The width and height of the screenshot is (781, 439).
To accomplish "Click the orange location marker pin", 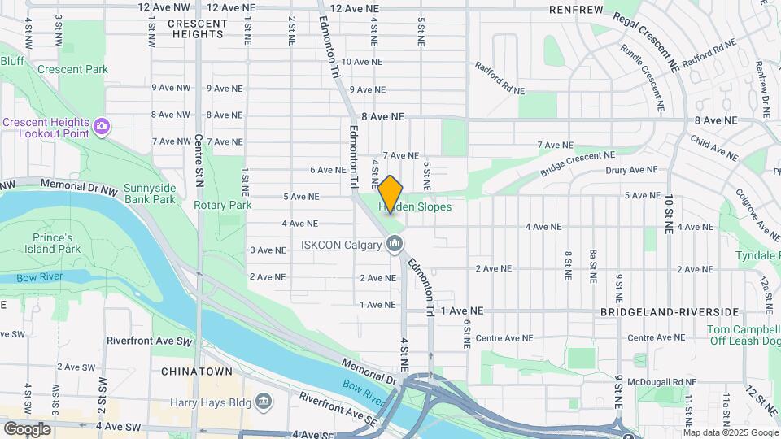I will click(390, 193).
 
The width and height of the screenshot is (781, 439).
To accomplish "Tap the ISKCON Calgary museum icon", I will click(395, 244).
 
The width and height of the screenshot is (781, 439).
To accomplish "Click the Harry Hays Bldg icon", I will click(264, 402).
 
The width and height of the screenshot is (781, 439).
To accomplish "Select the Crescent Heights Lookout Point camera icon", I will click(102, 125).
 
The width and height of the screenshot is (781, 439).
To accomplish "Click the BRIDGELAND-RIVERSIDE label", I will click(670, 312).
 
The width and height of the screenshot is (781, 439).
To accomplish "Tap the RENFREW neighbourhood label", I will click(576, 10).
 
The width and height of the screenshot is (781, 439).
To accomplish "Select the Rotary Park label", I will click(222, 205).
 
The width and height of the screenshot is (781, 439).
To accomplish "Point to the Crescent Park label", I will click(72, 69).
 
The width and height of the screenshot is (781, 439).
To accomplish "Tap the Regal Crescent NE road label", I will click(647, 41).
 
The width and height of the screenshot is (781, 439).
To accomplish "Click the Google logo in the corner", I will click(27, 428).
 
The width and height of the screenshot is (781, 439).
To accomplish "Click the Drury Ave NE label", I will click(630, 170).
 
